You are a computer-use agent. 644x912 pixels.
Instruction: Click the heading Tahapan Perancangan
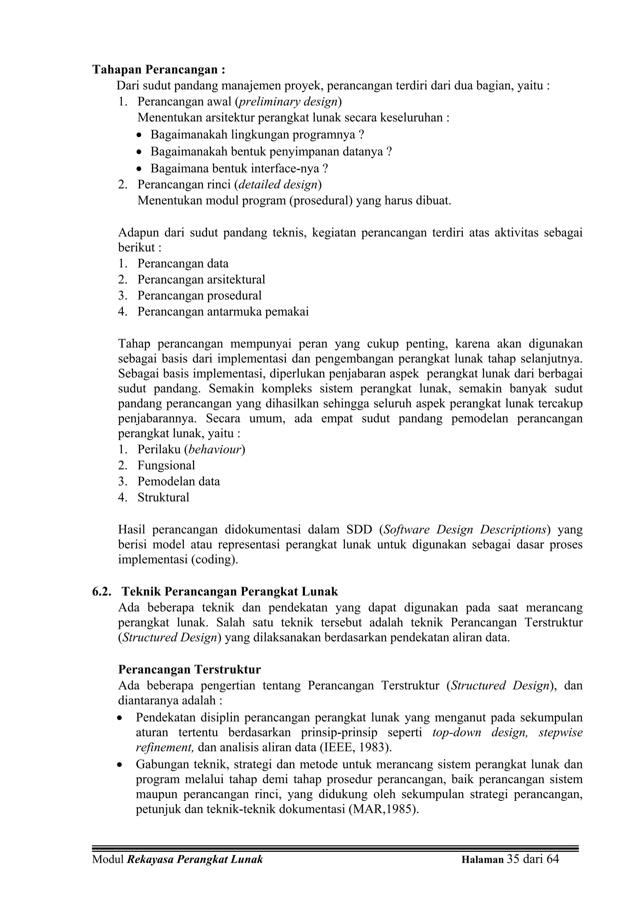[159, 70]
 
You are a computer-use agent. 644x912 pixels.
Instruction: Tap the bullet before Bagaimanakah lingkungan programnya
[138, 135]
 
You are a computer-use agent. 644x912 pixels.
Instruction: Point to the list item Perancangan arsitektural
[201, 279]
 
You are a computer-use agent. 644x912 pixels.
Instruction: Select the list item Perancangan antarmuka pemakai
[223, 311]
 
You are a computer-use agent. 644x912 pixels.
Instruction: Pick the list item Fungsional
[166, 465]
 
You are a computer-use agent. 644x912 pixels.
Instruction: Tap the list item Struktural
[164, 497]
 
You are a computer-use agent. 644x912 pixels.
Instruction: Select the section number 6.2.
[102, 592]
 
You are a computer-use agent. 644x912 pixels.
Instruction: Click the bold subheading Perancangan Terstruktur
[189, 670]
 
